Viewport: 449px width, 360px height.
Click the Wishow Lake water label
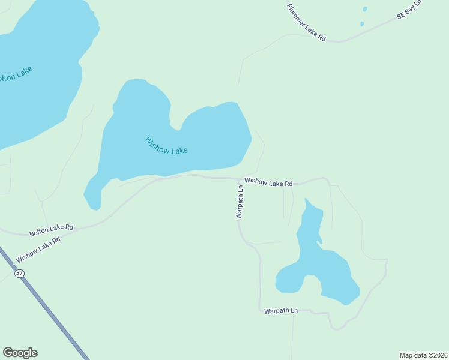[166, 146]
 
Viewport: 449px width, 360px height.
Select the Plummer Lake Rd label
[306, 22]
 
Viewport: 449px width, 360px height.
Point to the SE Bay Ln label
[410, 11]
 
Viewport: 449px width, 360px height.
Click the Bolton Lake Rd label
[51, 230]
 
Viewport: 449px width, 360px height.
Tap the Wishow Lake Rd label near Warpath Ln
[268, 182]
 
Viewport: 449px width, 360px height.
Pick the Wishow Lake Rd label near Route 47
[38, 249]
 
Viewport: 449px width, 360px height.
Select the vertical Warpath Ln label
[240, 202]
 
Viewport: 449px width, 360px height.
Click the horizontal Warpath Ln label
[281, 311]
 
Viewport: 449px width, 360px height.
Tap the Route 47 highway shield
[20, 273]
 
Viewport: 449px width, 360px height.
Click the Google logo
[20, 353]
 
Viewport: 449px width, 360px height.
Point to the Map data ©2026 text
[423, 355]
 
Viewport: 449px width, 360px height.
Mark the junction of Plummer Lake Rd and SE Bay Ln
[340, 42]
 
